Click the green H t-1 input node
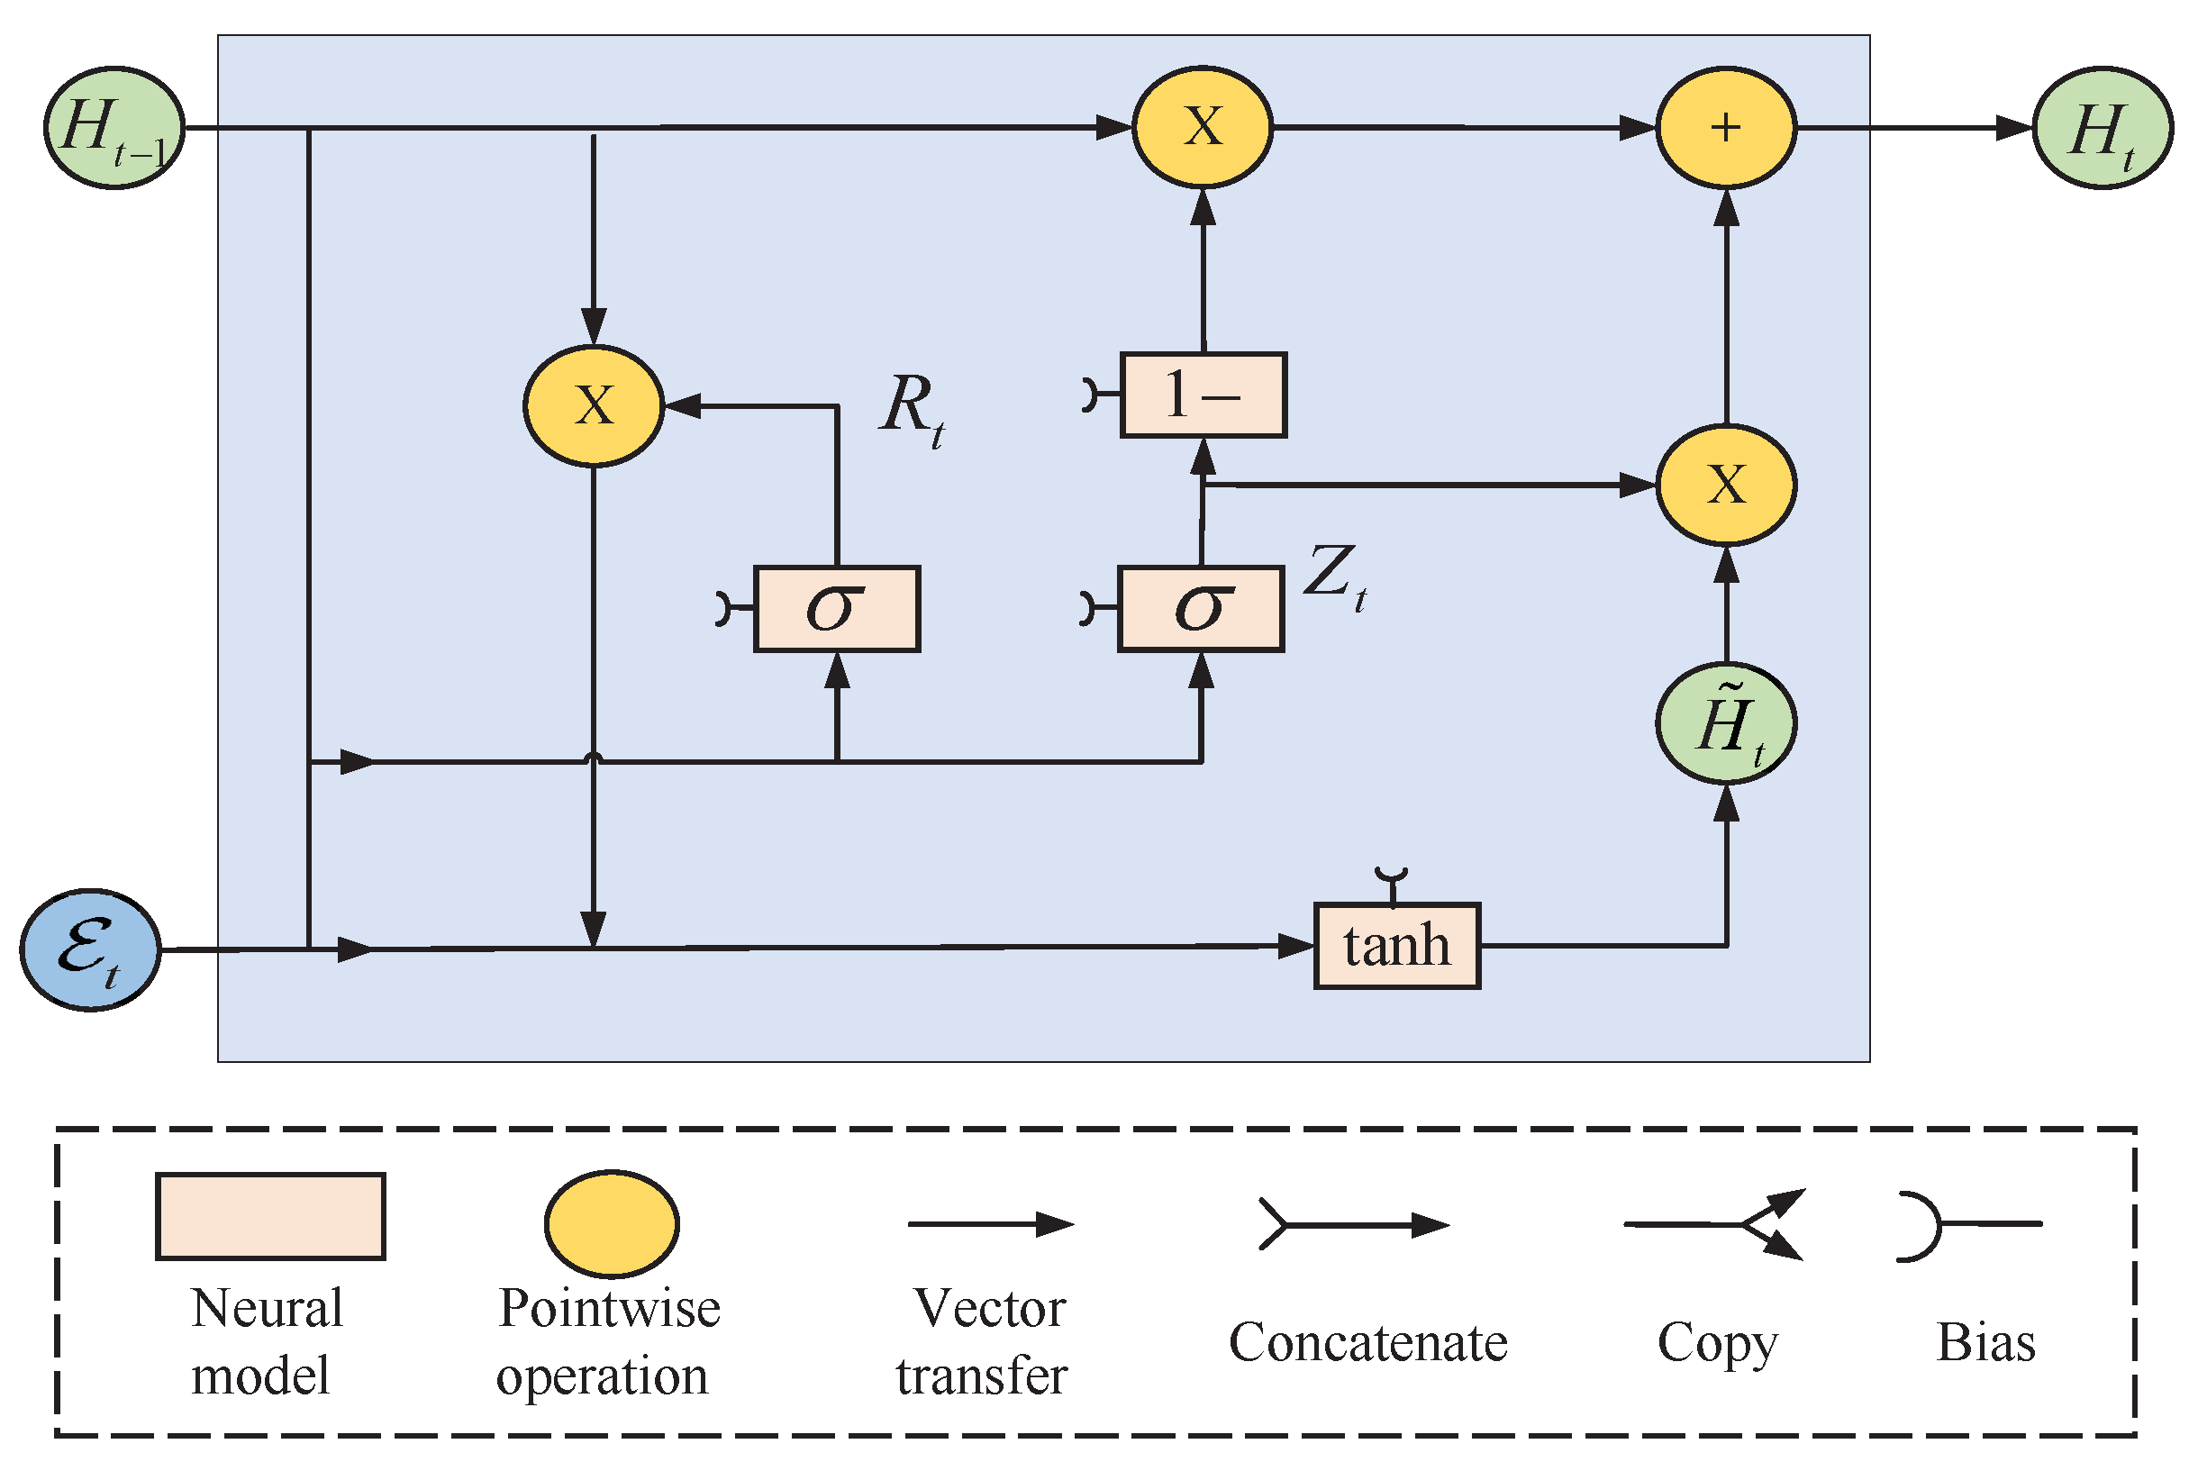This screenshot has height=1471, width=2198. point(114,128)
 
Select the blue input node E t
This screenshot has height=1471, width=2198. point(90,949)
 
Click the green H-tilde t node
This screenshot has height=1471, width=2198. point(1725,723)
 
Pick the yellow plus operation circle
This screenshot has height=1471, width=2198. point(1725,128)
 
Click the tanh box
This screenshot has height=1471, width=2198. point(1396,946)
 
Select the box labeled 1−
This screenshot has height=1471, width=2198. point(1203,395)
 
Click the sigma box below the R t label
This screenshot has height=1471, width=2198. point(836,608)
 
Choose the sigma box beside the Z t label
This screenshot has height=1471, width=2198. point(1200,608)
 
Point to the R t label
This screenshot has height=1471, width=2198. point(911,409)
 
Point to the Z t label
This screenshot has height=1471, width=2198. point(1334,576)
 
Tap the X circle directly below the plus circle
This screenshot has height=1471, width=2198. point(1725,485)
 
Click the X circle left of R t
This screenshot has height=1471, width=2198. point(593,405)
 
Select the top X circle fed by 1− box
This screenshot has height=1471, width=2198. point(1202,127)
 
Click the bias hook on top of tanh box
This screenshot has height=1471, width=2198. point(1391,880)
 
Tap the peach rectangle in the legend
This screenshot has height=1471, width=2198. point(270,1216)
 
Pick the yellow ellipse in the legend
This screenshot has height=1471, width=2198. point(611,1223)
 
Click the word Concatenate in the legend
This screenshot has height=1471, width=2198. point(1367,1342)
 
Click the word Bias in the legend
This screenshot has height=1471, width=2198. point(1985,1342)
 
